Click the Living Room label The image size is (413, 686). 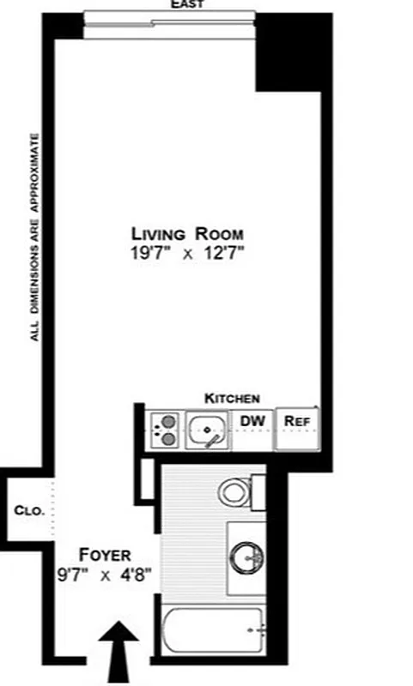coord(186,233)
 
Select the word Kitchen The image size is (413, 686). coord(232,398)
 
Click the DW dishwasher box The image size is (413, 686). coord(252,422)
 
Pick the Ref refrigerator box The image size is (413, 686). coord(296,422)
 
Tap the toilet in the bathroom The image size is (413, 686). coord(234,490)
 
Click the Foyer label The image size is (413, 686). coord(105,554)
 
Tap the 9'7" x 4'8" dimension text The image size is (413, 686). coord(105,575)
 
